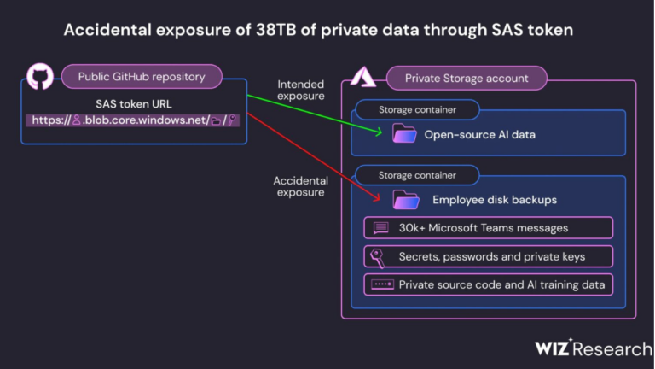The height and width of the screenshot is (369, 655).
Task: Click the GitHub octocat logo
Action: point(40,77)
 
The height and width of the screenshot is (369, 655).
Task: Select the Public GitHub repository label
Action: point(142,77)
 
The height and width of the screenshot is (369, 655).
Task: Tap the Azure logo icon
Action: point(363,77)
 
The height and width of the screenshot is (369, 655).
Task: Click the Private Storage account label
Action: point(467,79)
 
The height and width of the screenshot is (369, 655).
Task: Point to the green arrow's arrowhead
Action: point(379,132)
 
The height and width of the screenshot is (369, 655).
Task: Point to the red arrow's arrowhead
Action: point(376,197)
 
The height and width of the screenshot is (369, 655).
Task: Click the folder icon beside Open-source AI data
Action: point(404,133)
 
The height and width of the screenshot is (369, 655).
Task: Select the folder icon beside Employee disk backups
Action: point(406,200)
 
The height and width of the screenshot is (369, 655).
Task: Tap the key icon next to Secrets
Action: point(378,257)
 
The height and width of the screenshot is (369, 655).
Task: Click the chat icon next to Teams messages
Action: point(380,228)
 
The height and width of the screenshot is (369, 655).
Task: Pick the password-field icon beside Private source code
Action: point(382,285)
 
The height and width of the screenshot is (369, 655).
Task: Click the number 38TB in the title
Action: point(276,30)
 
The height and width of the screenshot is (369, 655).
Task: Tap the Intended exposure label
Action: point(301,90)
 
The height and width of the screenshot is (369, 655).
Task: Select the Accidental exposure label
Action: point(301,186)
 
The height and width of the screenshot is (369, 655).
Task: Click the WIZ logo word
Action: point(553,348)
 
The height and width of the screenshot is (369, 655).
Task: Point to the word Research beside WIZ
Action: point(612,348)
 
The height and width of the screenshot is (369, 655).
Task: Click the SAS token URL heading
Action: point(134,104)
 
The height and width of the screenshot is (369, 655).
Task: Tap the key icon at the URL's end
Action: point(232,120)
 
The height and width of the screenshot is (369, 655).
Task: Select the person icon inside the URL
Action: point(77,120)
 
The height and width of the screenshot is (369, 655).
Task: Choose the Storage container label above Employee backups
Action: point(417,175)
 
